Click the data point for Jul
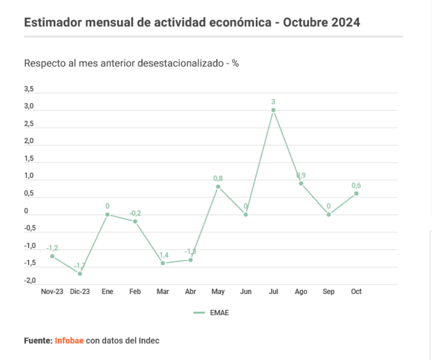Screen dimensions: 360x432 click(x=273, y=110)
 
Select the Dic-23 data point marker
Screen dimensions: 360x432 click(x=80, y=274)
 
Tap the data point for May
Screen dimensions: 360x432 click(x=218, y=186)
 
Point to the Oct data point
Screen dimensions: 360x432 click(x=356, y=193)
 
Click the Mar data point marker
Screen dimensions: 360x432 click(x=163, y=263)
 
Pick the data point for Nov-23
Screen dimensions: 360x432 click(x=52, y=256)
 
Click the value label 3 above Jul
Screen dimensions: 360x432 click(x=273, y=102)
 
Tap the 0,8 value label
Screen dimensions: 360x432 click(x=218, y=179)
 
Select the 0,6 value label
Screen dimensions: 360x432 click(x=356, y=185)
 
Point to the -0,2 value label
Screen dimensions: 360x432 click(x=135, y=213)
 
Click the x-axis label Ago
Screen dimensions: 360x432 click(x=301, y=291)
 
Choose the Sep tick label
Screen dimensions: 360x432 click(x=329, y=291)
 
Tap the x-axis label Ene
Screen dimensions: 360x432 click(x=108, y=291)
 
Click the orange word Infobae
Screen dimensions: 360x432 click(x=69, y=341)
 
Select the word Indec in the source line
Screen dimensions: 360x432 click(x=149, y=341)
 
